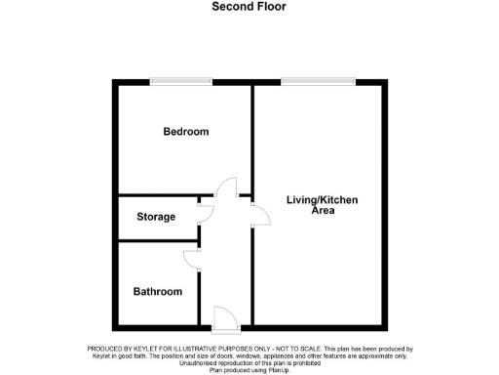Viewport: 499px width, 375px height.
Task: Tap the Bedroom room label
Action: click(185, 132)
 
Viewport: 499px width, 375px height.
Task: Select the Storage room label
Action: click(156, 217)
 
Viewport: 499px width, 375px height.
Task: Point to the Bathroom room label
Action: click(158, 292)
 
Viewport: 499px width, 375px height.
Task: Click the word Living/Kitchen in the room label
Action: click(322, 200)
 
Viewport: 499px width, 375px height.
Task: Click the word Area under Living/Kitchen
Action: click(322, 211)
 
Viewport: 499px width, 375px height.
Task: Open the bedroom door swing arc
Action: click(226, 187)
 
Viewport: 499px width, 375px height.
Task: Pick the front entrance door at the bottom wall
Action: click(224, 317)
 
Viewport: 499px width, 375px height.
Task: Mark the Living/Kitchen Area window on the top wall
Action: click(317, 81)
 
